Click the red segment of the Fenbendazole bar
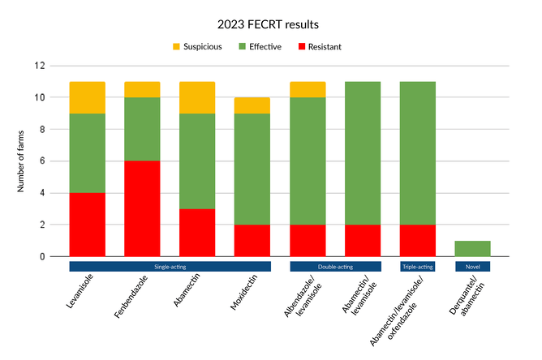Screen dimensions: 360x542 [142, 208]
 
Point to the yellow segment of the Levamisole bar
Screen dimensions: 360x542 [88, 97]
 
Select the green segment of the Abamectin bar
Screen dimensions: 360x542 [197, 161]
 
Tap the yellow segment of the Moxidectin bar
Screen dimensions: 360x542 [252, 105]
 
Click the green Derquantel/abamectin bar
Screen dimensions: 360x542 [472, 248]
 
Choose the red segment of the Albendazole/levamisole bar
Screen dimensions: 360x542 [308, 240]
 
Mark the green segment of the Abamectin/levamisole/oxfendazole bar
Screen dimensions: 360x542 [419, 153]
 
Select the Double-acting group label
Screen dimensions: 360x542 [335, 266]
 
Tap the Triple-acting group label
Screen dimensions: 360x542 [419, 266]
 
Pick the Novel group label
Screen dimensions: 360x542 [472, 266]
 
